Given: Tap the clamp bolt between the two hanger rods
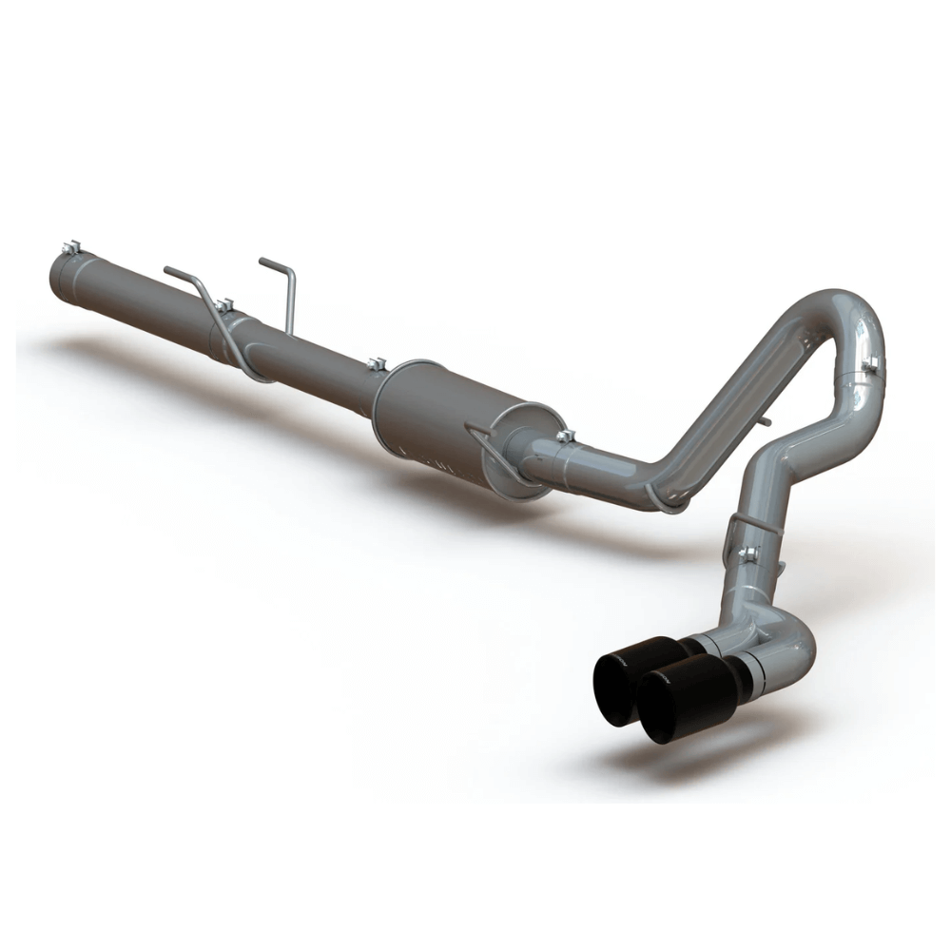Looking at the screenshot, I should (x=224, y=304).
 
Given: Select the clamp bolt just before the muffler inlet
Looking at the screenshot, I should (x=377, y=363).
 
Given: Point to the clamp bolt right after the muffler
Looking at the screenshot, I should (x=566, y=437).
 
